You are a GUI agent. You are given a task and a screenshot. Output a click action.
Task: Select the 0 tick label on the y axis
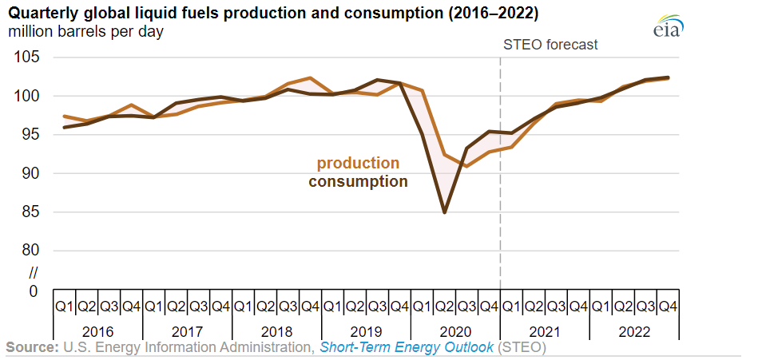pyautogui.click(x=33, y=291)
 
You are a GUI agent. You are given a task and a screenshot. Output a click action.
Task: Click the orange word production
pyautogui.click(x=358, y=164)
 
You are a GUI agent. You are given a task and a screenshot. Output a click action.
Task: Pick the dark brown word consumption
pyautogui.click(x=358, y=182)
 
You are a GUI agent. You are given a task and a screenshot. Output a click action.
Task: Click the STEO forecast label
pyautogui.click(x=550, y=45)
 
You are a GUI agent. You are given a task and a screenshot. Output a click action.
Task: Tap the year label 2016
pyautogui.click(x=97, y=332)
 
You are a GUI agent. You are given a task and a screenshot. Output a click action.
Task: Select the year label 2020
pyautogui.click(x=455, y=332)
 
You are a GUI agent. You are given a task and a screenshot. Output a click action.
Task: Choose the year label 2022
pyautogui.click(x=633, y=332)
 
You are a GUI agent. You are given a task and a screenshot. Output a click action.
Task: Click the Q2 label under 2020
pyautogui.click(x=444, y=307)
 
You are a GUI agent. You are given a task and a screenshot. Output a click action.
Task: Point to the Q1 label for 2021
pyautogui.click(x=511, y=307)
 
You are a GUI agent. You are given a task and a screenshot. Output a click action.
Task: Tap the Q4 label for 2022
pyautogui.click(x=668, y=307)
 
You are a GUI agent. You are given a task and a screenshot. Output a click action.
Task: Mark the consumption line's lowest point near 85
pyautogui.click(x=444, y=212)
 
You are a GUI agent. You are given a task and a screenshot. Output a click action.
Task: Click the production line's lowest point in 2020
pyautogui.click(x=466, y=166)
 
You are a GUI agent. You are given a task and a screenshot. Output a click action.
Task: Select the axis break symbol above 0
pyautogui.click(x=33, y=273)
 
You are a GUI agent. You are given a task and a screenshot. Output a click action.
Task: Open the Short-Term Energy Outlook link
pyautogui.click(x=407, y=347)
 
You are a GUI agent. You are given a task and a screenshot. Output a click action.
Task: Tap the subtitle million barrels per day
pyautogui.click(x=85, y=33)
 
